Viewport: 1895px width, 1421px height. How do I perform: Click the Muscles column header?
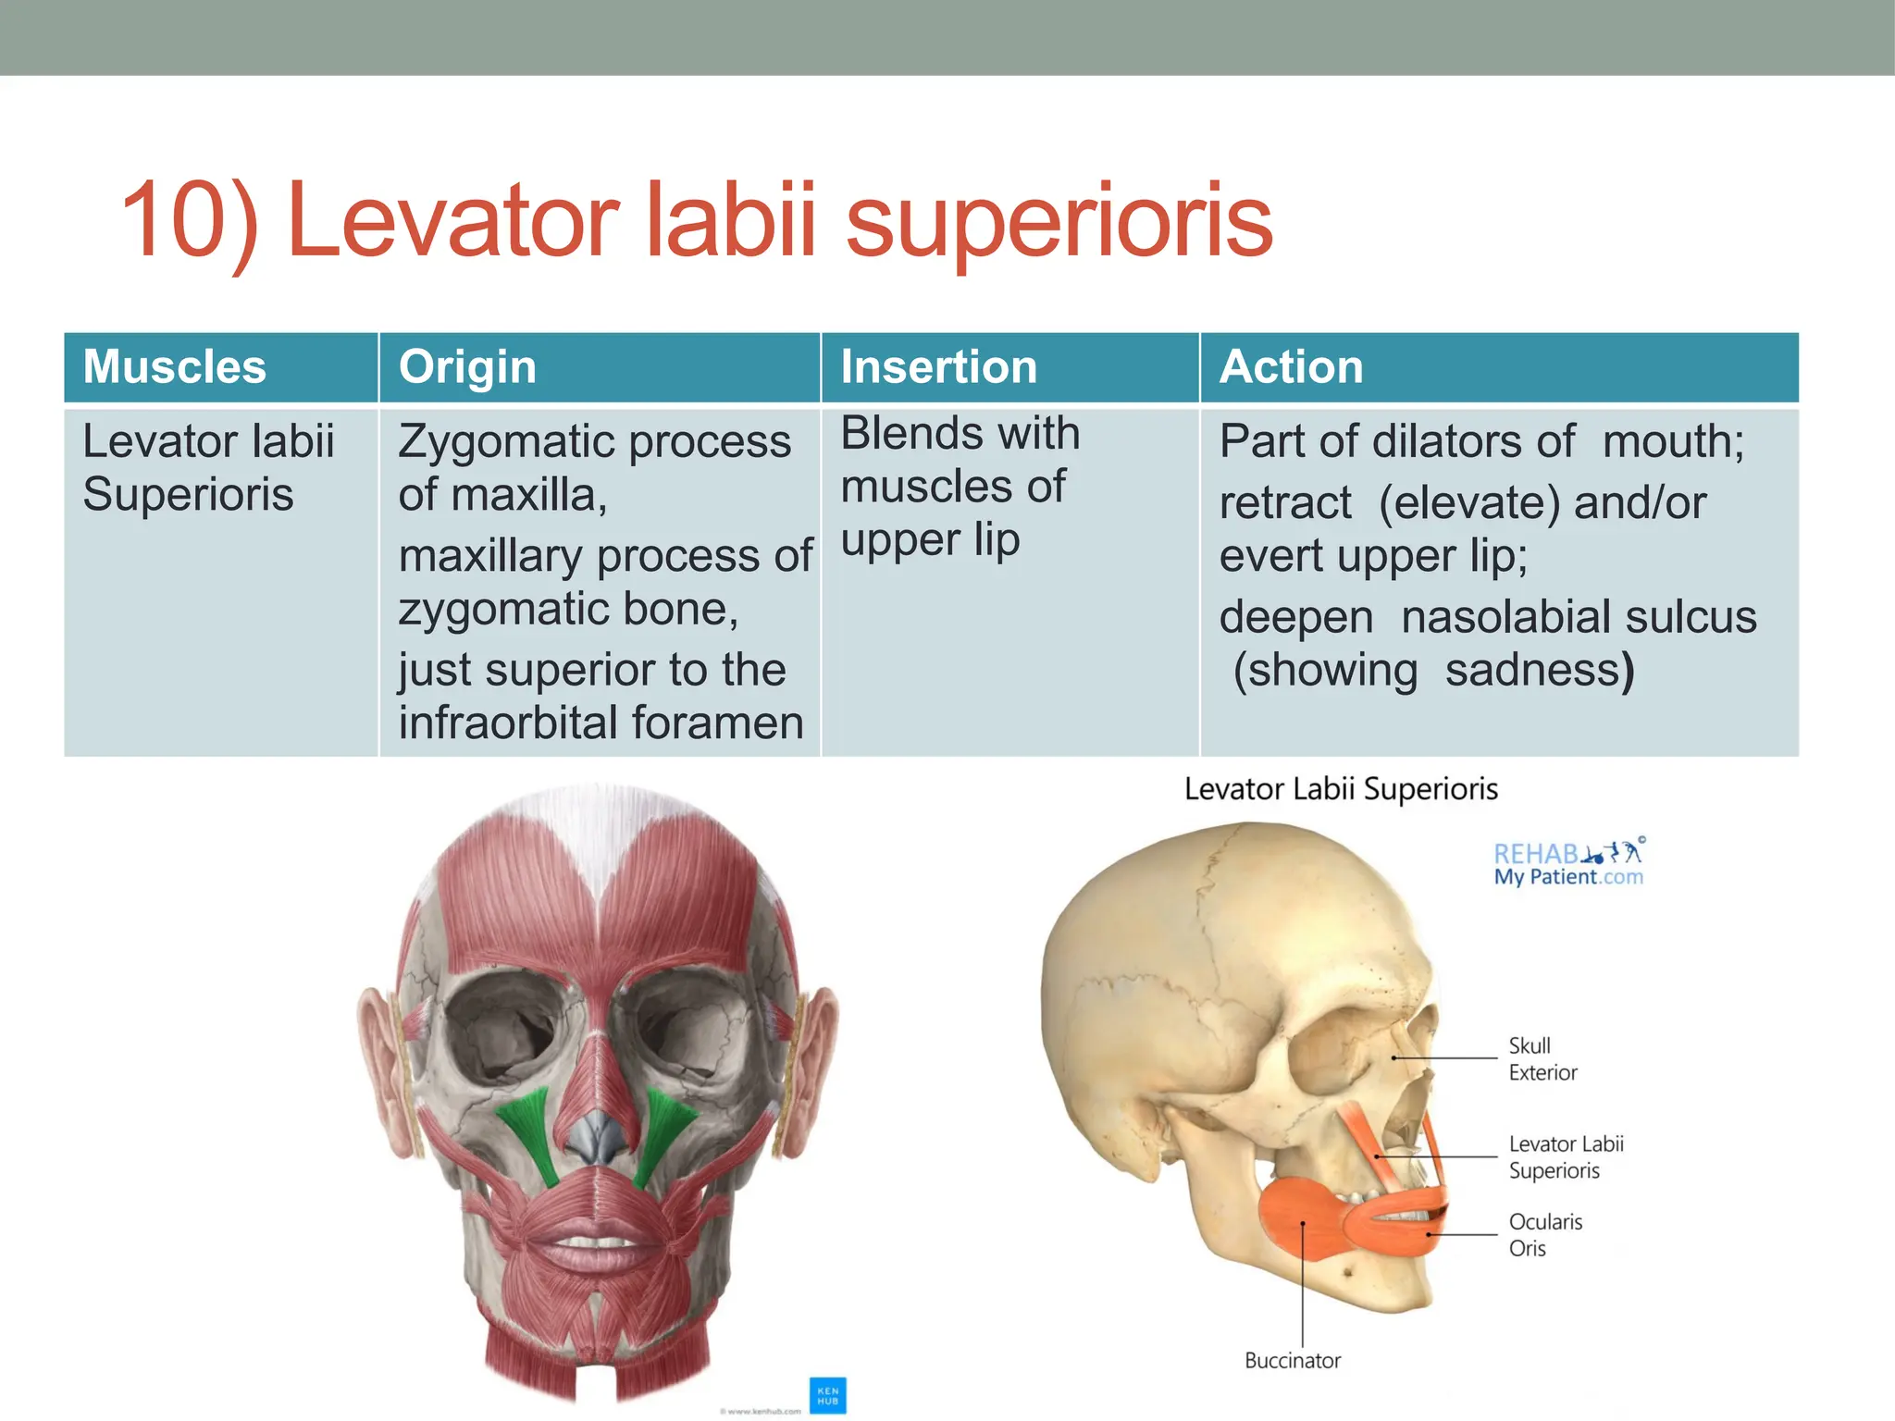click(174, 366)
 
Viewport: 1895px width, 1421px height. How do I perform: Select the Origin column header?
click(467, 366)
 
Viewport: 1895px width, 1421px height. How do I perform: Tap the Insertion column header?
click(938, 366)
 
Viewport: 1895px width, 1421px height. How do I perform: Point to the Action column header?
click(1291, 366)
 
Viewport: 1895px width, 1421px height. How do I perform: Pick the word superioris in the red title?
click(1059, 222)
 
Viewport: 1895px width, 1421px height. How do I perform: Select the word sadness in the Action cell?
click(1532, 670)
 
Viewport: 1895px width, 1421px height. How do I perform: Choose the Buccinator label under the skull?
click(1292, 1360)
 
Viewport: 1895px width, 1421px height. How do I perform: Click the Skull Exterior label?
click(1542, 1059)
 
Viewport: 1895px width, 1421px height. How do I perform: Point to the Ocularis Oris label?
click(1544, 1235)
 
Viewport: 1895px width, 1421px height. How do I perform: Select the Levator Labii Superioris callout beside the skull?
click(1566, 1157)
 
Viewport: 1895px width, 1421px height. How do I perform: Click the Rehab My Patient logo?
click(1569, 863)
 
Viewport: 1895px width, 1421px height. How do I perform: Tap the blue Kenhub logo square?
click(827, 1395)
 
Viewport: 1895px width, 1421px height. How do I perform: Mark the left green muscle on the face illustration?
click(528, 1134)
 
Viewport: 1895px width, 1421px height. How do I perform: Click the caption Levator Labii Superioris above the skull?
click(1341, 789)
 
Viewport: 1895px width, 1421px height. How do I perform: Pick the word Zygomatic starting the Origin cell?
click(505, 441)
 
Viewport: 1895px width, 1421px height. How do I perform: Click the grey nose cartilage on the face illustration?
click(600, 1139)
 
